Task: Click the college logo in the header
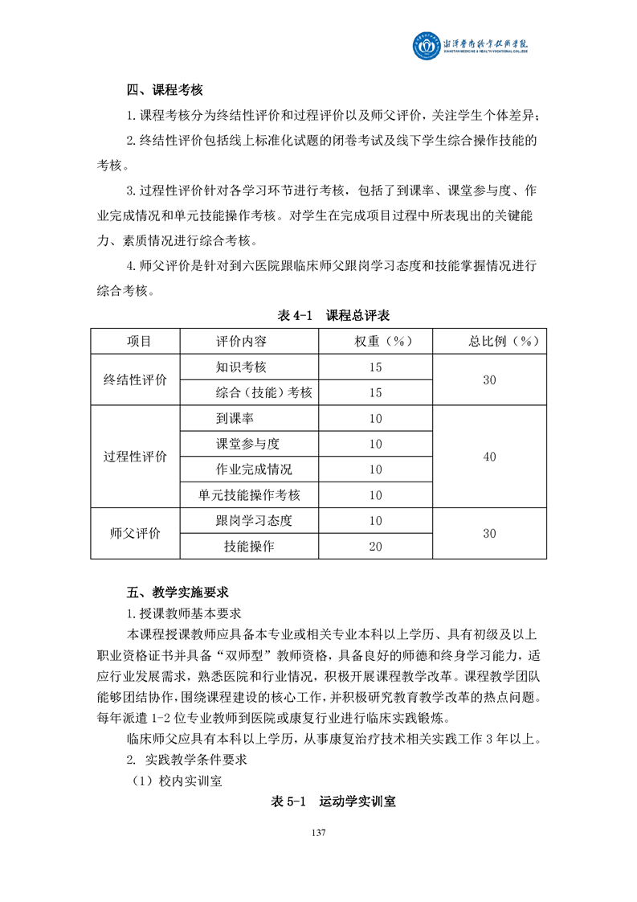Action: point(425,46)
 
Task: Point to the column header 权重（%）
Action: point(375,341)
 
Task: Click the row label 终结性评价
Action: point(136,379)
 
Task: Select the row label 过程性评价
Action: point(136,457)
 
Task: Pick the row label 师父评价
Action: point(136,533)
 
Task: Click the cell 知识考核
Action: point(241,367)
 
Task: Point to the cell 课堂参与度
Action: point(247,444)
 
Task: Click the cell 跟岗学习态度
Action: point(254,520)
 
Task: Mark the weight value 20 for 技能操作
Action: point(375,546)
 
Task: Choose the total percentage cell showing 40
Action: point(489,457)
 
